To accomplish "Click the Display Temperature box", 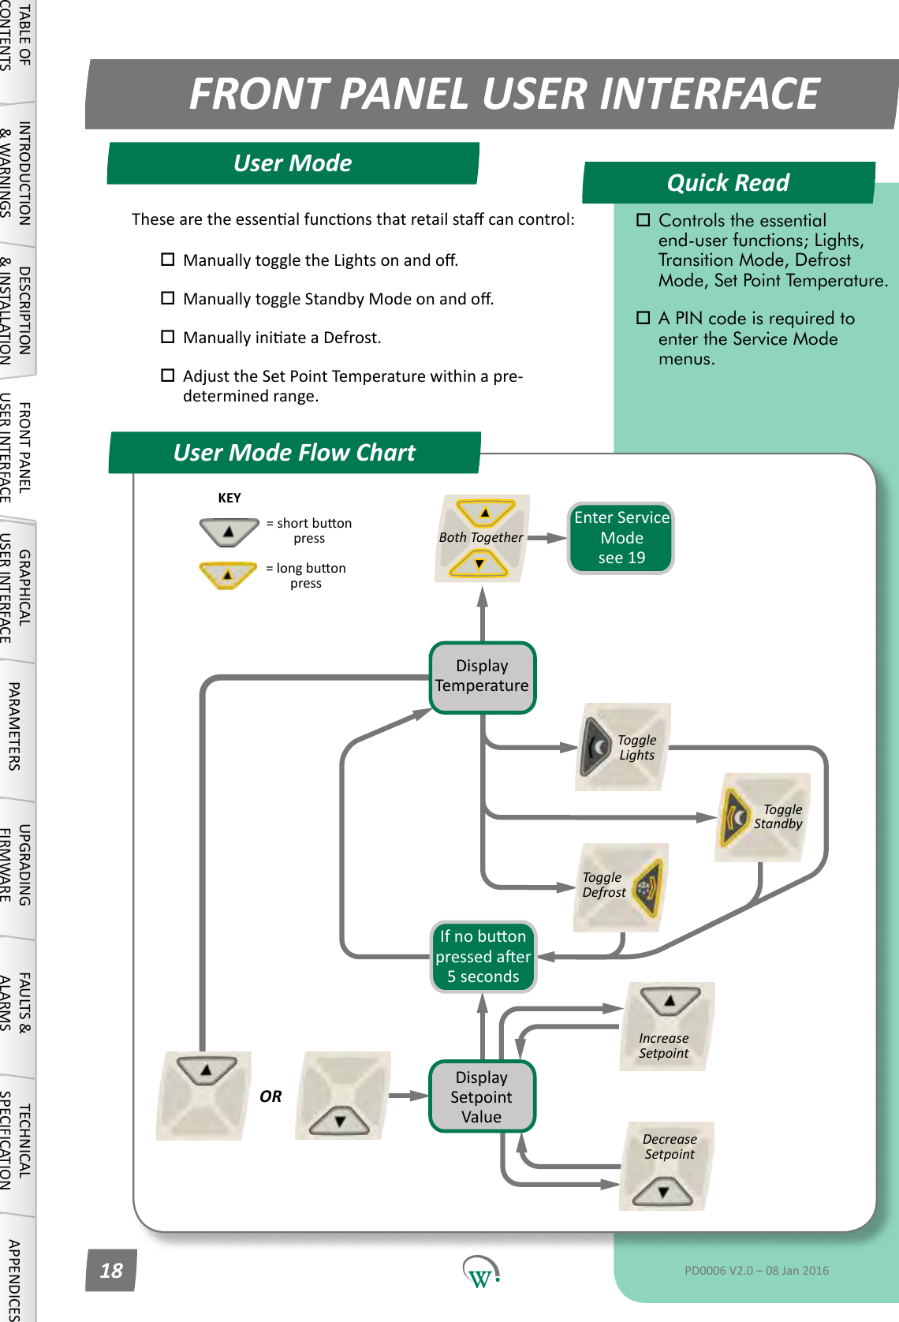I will click(x=482, y=677).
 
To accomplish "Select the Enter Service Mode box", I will click(x=621, y=538).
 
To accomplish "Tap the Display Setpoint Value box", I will click(x=481, y=1096).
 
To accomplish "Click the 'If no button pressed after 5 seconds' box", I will click(x=483, y=956).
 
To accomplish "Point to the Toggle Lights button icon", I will click(x=596, y=746).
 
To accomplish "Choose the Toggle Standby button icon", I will click(x=736, y=816).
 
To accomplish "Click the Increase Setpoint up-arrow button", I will click(x=670, y=1002).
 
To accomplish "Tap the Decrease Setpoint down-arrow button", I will click(x=663, y=1191).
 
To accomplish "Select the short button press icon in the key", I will click(x=229, y=532).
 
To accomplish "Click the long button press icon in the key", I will click(x=228, y=574).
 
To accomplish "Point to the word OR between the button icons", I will click(x=270, y=1096).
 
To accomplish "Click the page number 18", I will click(x=111, y=1271).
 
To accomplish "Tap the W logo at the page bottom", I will click(x=479, y=1272).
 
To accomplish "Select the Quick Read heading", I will click(x=728, y=183).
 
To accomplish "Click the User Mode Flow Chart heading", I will click(x=294, y=453).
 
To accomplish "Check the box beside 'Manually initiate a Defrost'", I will click(x=167, y=337).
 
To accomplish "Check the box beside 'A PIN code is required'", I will click(x=643, y=318).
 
